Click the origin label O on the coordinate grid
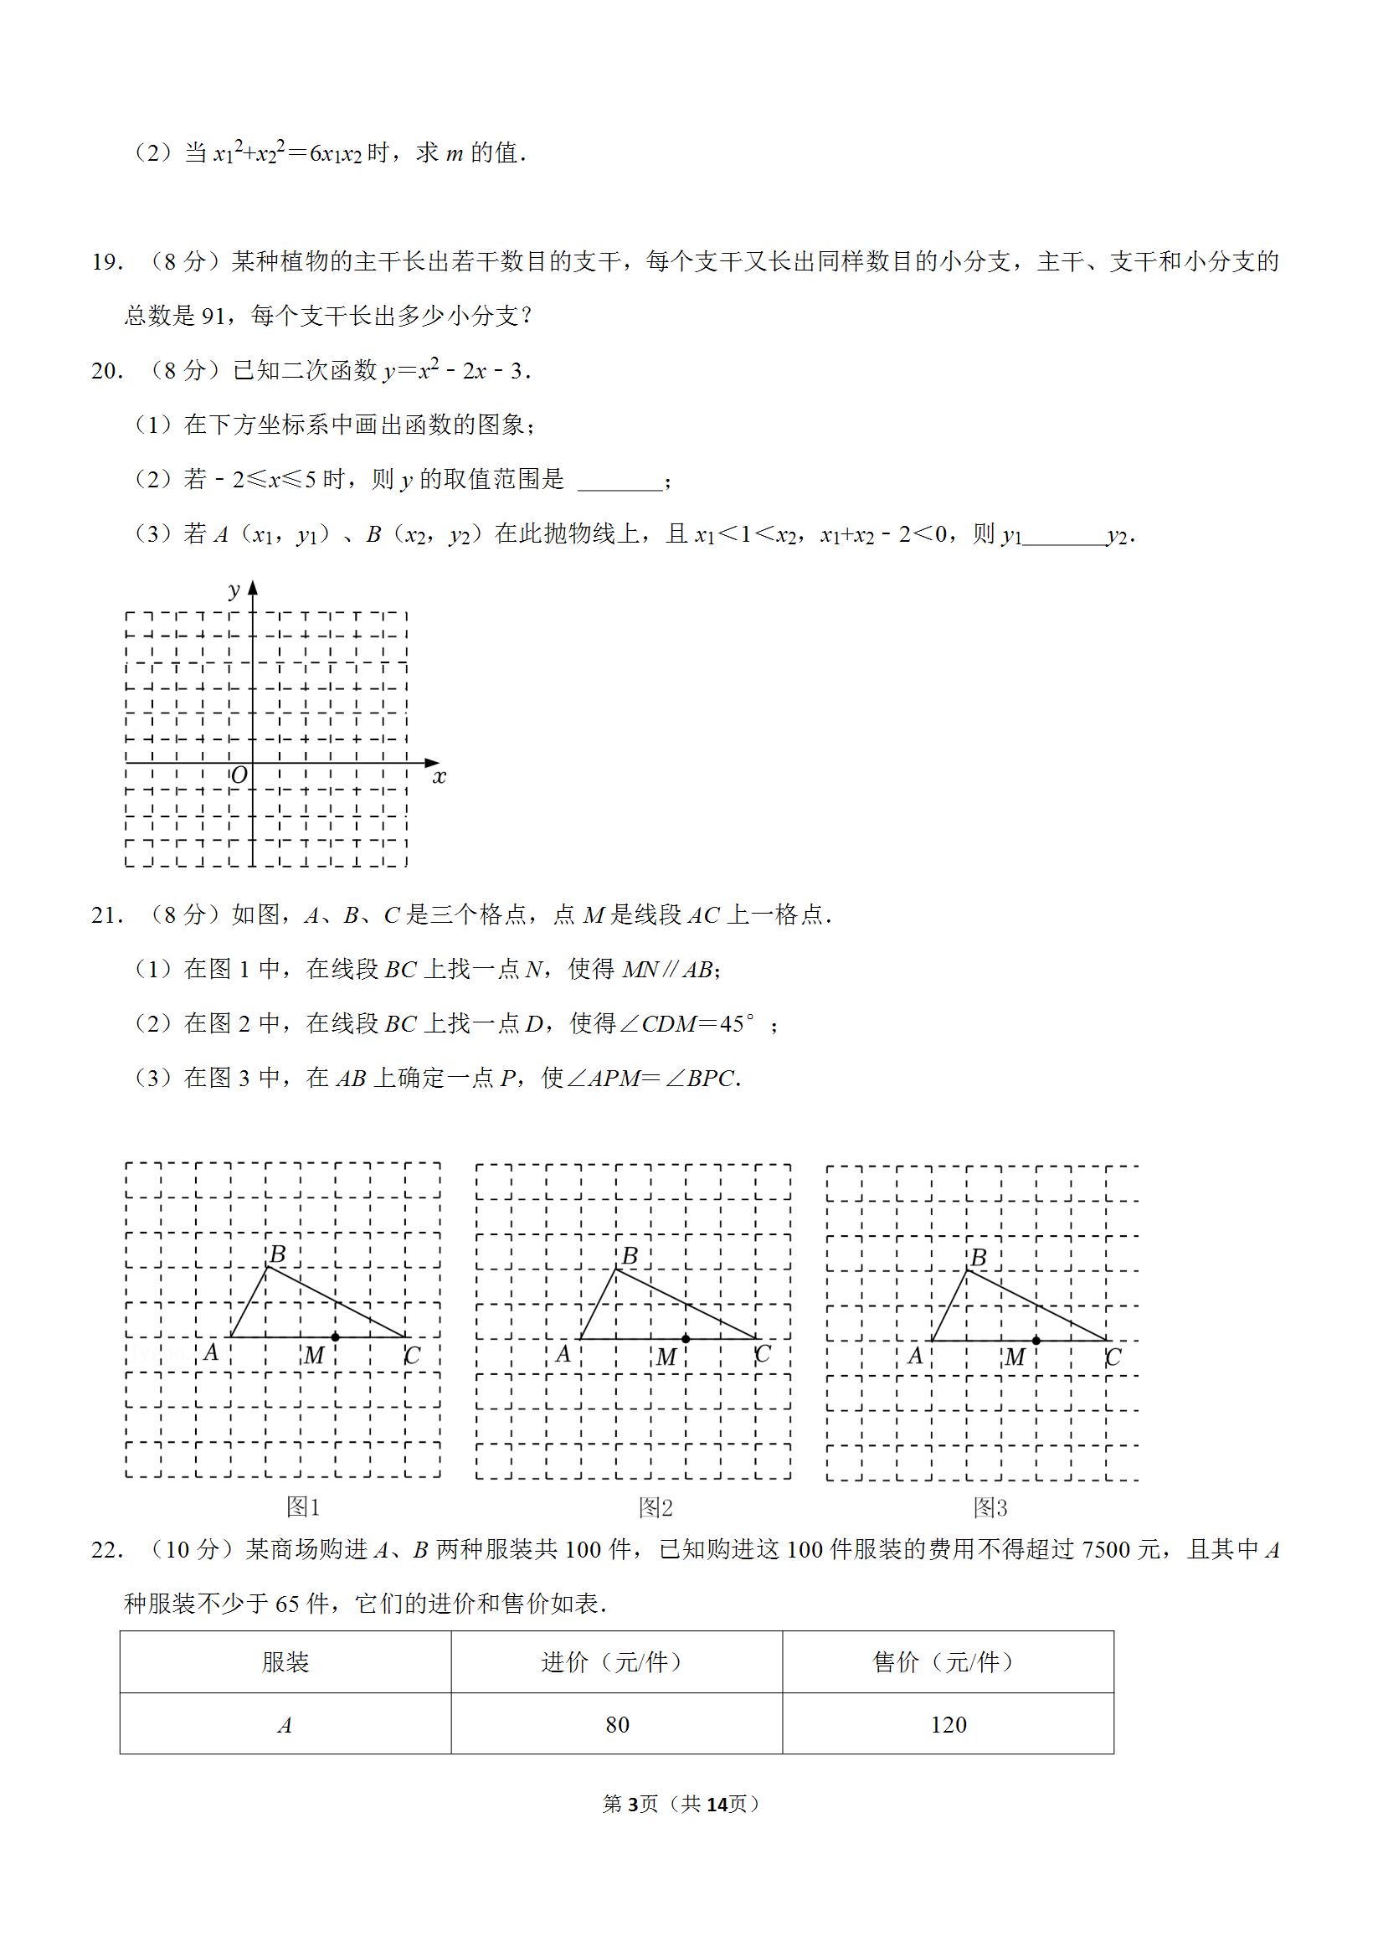pos(239,775)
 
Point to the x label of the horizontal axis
pos(440,776)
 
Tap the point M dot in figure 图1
pos(336,1336)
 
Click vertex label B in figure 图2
pos(630,1255)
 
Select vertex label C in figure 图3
pos(1113,1357)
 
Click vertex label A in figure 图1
pos(211,1352)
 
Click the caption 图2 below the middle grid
pos(656,1508)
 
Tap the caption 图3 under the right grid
pos(990,1508)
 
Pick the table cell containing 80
pos(617,1724)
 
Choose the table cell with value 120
pos(949,1724)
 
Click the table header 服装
pos(285,1661)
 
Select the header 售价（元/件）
pos(948,1661)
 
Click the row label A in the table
pos(285,1725)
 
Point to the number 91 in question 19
pos(213,317)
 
